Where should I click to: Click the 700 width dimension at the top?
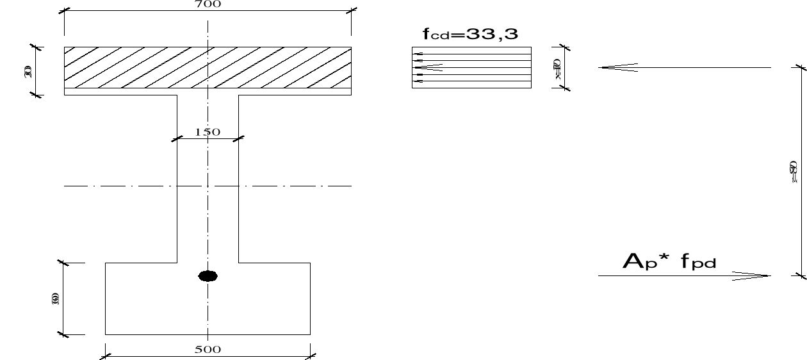click(208, 4)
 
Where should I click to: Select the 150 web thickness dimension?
click(208, 132)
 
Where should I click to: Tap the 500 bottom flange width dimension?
click(208, 349)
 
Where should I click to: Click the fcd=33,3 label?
click(471, 35)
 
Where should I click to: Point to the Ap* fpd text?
click(670, 261)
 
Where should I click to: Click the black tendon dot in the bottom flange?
click(208, 276)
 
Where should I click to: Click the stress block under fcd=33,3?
click(471, 67)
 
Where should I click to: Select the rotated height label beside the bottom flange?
click(55, 299)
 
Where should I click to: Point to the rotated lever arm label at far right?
click(792, 171)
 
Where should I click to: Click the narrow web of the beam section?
click(208, 211)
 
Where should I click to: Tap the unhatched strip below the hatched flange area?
click(128, 92)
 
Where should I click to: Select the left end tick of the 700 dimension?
click(65, 11)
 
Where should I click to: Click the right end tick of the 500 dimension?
click(310, 354)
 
